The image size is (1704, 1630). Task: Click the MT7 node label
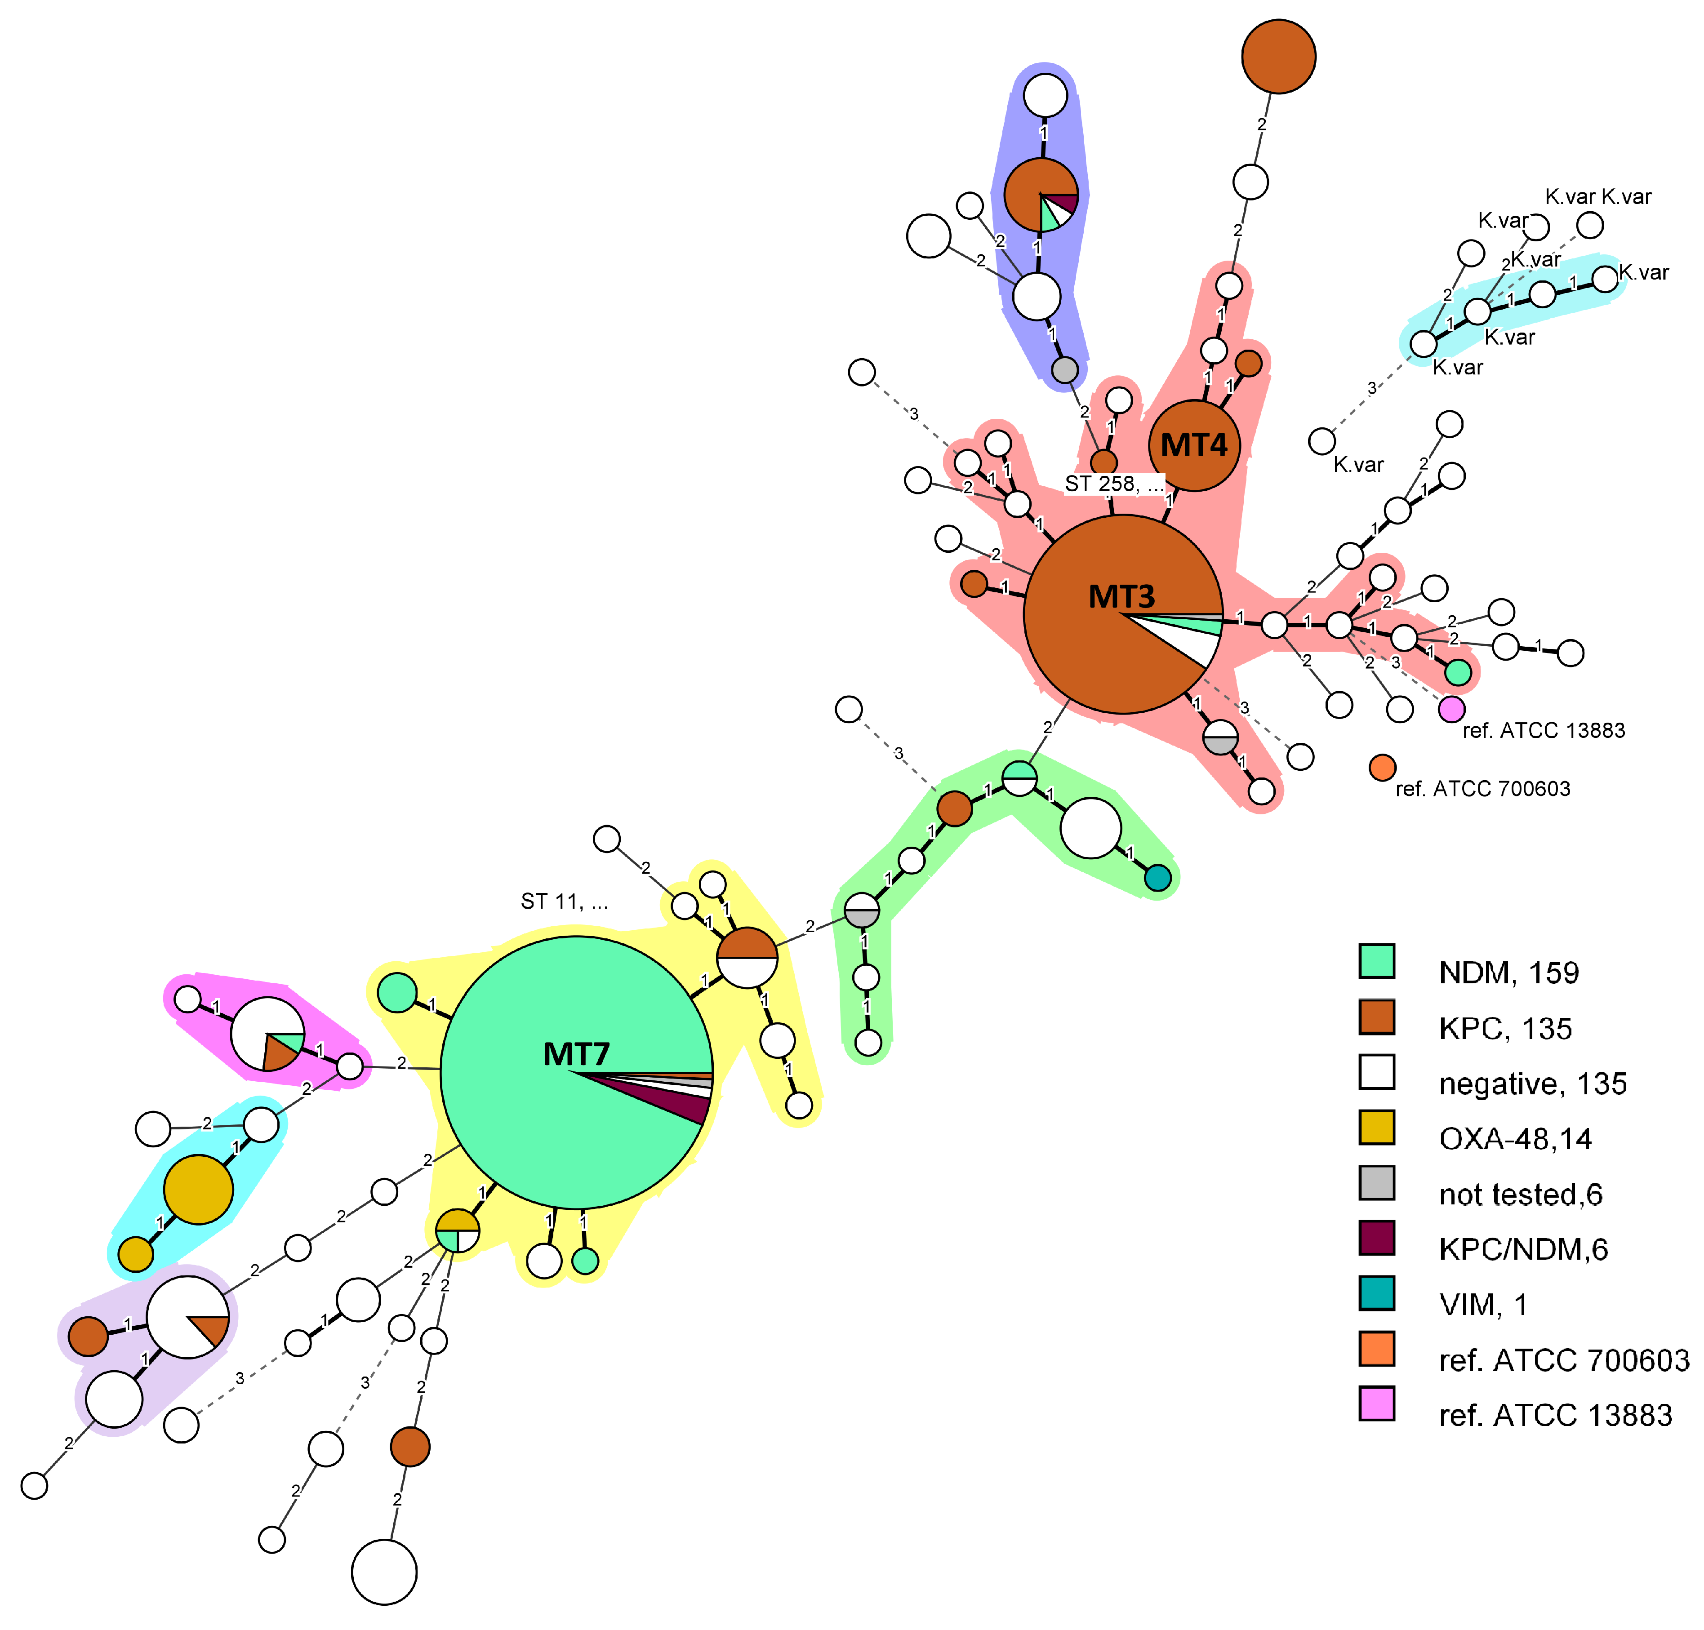pyautogui.click(x=576, y=1054)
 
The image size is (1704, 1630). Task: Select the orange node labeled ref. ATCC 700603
pyautogui.click(x=1382, y=767)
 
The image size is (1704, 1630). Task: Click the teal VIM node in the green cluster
pyautogui.click(x=1157, y=878)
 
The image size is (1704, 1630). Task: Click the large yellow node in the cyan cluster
pyautogui.click(x=198, y=1190)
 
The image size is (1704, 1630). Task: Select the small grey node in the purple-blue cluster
pyautogui.click(x=1064, y=369)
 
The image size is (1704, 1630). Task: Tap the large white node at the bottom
pyautogui.click(x=384, y=1572)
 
